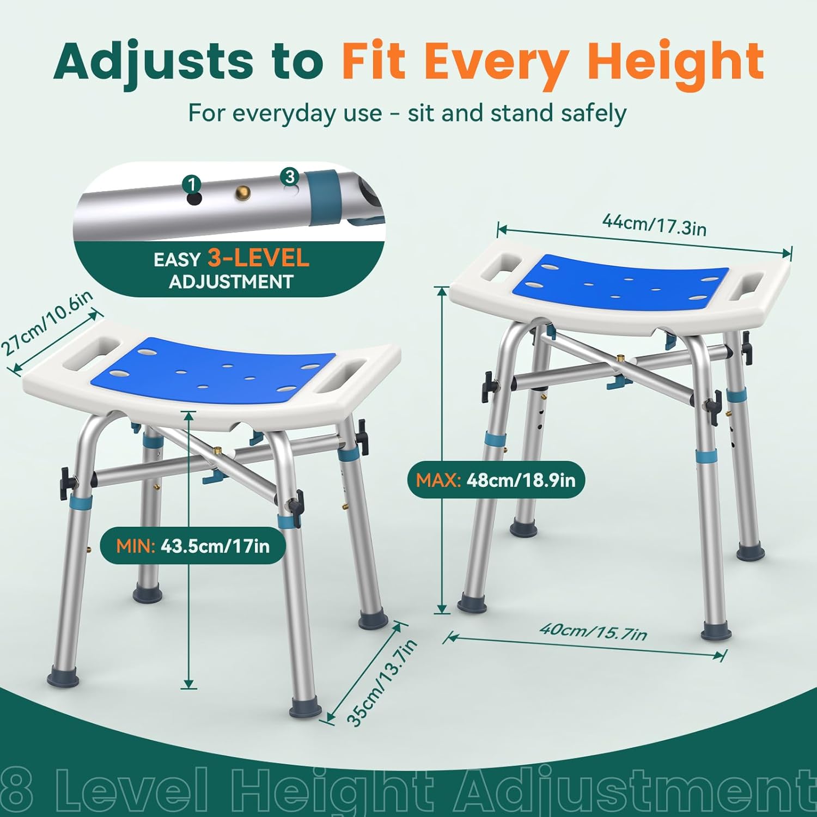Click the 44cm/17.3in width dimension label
tap(654, 224)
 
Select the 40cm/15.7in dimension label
tap(593, 631)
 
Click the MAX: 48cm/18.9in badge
tap(496, 480)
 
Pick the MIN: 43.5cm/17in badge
tap(193, 545)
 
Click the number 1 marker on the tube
tap(192, 184)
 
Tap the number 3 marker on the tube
tap(289, 176)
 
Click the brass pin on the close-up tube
tap(241, 192)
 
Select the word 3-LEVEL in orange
tap(258, 258)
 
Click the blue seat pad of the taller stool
tap(621, 283)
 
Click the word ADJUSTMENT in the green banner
tap(231, 282)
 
